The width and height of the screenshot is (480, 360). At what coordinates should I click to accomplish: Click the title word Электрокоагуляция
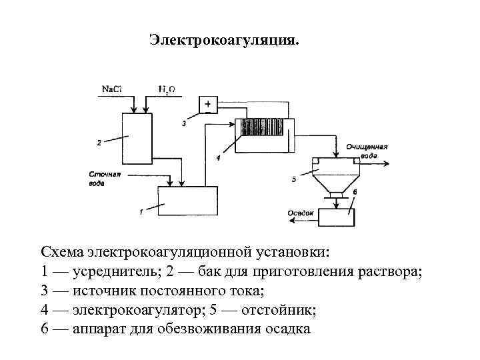[x=224, y=41]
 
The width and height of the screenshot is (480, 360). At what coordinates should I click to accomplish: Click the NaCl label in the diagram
[x=111, y=89]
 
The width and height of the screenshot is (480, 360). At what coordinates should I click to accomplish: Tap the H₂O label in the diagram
[x=167, y=89]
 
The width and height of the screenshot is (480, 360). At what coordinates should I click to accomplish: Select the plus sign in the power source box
[x=208, y=105]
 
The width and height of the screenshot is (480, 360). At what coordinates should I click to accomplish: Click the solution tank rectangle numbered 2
[x=137, y=138]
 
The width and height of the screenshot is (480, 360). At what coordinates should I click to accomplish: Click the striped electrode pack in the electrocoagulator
[x=263, y=128]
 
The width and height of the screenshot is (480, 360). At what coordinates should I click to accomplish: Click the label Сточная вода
[x=103, y=178]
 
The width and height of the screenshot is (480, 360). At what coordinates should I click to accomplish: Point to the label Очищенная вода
[x=367, y=150]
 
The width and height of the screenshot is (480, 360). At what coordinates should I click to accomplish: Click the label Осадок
[x=300, y=213]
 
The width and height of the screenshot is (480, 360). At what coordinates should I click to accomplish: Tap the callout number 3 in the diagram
[x=184, y=123]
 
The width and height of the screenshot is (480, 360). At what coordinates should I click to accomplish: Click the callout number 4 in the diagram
[x=218, y=157]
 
